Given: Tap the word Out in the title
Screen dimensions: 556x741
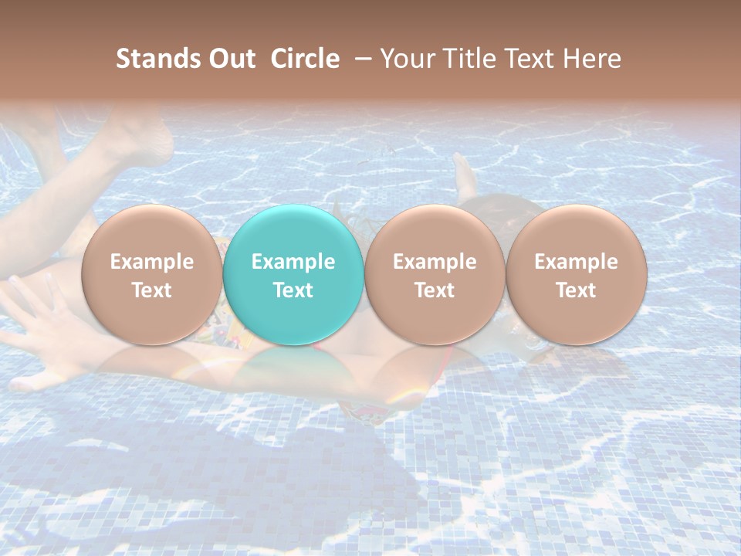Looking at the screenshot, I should click(x=231, y=59).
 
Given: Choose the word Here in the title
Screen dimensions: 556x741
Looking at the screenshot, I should click(x=592, y=59).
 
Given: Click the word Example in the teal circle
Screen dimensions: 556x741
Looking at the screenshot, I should click(x=293, y=262).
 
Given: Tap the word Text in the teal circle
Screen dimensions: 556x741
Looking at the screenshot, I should click(x=293, y=290).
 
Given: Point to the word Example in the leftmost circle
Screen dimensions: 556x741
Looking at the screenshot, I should click(x=151, y=262).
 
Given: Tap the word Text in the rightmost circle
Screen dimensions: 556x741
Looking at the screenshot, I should click(x=576, y=290).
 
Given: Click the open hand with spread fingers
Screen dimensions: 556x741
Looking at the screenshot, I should click(x=42, y=324).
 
